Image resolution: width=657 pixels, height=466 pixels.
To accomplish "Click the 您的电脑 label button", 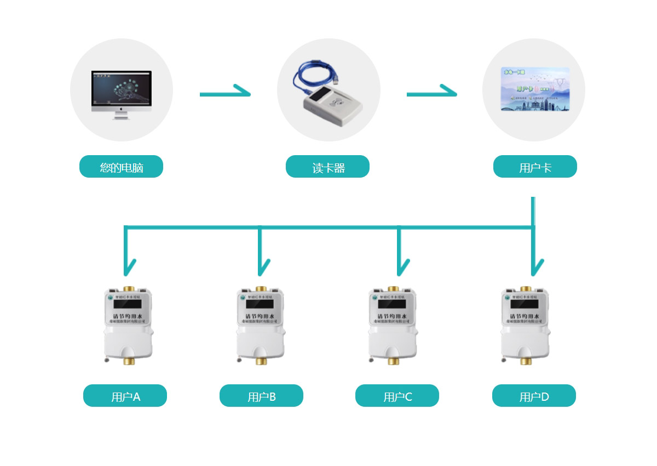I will point(121,167).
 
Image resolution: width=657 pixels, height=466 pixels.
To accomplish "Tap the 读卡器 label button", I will point(327,167).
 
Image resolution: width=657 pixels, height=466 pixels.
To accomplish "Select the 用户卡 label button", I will point(535,167).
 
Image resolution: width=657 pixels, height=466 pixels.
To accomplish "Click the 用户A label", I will point(125,396).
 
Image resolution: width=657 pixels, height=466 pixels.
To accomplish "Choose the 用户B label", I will point(261,396).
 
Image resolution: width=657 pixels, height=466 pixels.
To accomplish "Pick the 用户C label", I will point(397,396).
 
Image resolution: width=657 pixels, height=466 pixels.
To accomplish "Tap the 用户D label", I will point(534,396).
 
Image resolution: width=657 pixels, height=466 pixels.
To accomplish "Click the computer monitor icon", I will point(121,92).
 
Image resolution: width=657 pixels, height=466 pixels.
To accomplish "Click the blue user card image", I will point(535,89).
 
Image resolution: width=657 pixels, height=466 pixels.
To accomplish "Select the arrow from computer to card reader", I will point(224,94).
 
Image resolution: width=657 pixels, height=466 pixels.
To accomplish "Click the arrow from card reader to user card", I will point(431,94).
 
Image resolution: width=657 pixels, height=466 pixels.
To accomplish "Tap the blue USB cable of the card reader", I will point(307,77).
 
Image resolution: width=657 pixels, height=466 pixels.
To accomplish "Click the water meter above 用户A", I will point(128,324).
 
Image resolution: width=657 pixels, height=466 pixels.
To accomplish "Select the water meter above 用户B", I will point(261,324).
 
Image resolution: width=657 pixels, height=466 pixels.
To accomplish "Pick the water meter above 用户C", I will point(392,324).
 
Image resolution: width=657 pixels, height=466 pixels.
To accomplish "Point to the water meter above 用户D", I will point(526,324).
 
